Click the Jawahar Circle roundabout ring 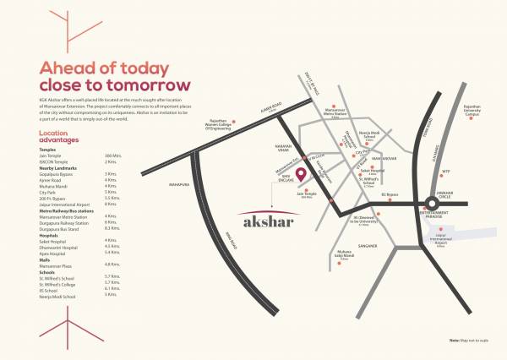pyautogui.click(x=422, y=207)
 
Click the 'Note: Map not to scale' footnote pyautogui.click(x=477, y=338)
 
